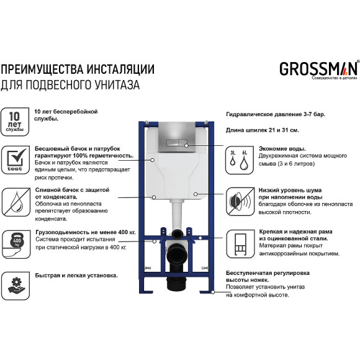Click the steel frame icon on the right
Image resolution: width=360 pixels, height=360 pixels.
tap(240, 243)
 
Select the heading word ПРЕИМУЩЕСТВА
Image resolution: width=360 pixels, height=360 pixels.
tap(46, 68)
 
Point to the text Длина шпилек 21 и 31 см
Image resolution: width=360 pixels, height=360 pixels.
tap(261, 130)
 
